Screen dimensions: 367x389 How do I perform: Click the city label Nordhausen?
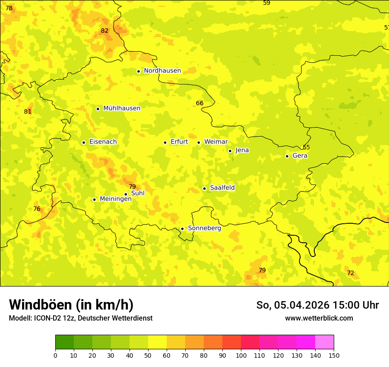pos(162,71)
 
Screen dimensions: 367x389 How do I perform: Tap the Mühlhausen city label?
pos(122,108)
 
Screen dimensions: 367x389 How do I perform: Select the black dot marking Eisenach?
pos(84,142)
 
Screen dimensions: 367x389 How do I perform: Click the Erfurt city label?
pos(179,142)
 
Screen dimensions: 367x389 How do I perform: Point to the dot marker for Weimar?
pos(199,142)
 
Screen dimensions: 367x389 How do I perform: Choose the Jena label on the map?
pos(242,150)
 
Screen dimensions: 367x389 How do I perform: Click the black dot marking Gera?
pos(287,156)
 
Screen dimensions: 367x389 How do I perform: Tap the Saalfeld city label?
pos(222,188)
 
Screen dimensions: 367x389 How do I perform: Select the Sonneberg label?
pos(204,228)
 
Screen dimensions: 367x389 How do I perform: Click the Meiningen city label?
pos(115,199)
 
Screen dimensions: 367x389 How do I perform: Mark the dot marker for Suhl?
pos(126,194)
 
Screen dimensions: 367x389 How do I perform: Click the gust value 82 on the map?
pos(104,31)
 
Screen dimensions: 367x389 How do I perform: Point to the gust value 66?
pos(200,103)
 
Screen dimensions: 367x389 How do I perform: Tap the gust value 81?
pos(28,111)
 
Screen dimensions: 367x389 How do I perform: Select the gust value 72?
pos(351,273)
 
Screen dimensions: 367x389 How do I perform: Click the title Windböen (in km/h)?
pos(71,305)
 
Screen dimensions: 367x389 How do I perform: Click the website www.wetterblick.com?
pos(319,318)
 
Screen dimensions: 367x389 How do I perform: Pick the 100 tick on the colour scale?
pos(241,355)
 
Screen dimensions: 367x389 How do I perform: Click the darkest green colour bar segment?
pos(65,342)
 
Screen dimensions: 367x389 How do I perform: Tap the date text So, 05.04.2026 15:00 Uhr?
pos(317,305)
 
